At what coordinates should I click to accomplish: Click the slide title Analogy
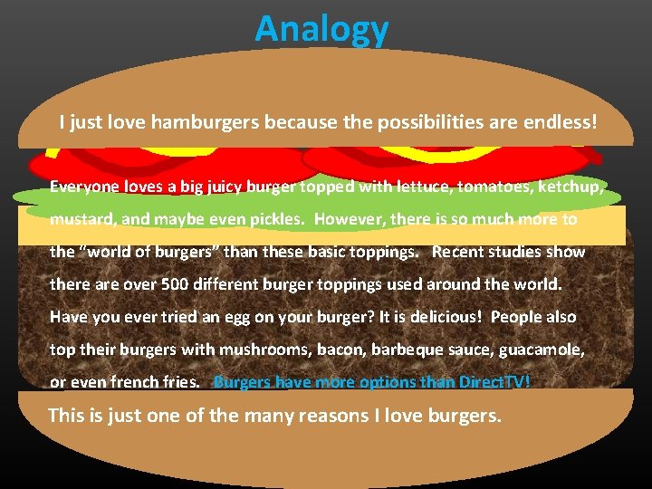point(321,29)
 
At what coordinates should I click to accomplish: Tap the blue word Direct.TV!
point(494,382)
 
